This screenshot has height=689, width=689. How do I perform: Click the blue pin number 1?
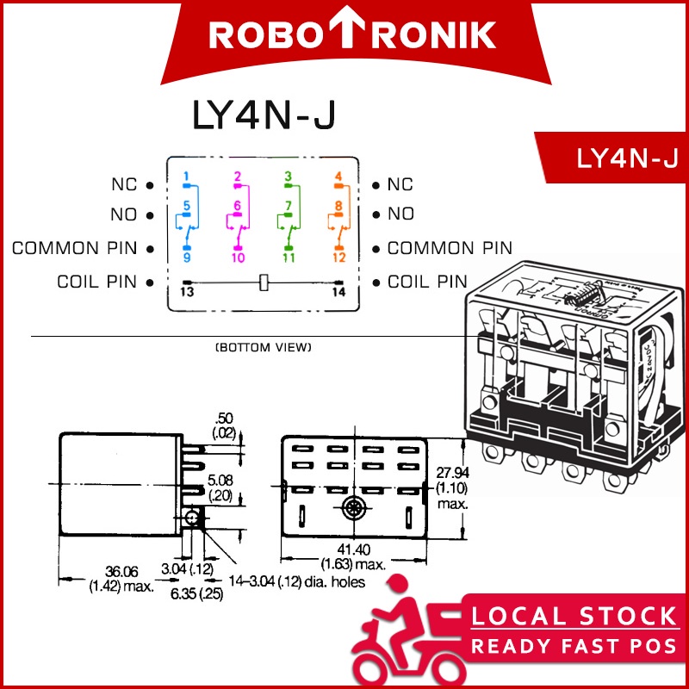186,177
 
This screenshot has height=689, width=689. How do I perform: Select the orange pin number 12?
339,258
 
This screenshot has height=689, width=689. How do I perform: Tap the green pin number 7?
289,205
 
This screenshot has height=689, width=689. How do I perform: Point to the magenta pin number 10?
238,258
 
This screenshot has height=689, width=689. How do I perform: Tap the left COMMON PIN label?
74,249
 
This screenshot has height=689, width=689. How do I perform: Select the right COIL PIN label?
427,282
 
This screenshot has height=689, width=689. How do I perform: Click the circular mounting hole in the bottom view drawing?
351,508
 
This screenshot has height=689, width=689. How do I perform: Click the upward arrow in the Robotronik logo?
351,34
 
